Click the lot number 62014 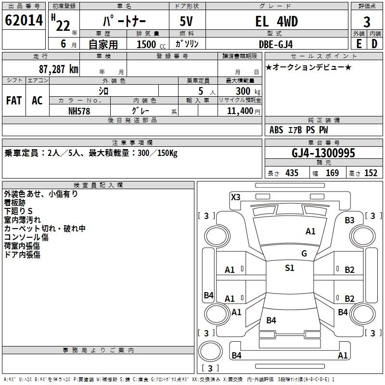click(24, 20)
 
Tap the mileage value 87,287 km click(58, 69)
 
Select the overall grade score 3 click(367, 22)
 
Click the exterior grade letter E click(359, 44)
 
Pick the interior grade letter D click(374, 44)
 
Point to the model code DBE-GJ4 click(276, 44)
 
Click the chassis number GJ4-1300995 click(323, 153)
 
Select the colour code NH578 click(79, 111)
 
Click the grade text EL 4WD click(276, 22)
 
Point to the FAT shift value click(14, 101)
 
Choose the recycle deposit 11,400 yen click(244, 111)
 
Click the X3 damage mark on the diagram click(235, 197)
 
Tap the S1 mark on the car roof click(290, 268)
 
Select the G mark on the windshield click(304, 254)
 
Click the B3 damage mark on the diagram click(349, 220)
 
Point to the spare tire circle click(210, 351)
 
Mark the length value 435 click(292, 173)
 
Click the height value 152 click(371, 173)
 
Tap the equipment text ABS click(276, 130)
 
